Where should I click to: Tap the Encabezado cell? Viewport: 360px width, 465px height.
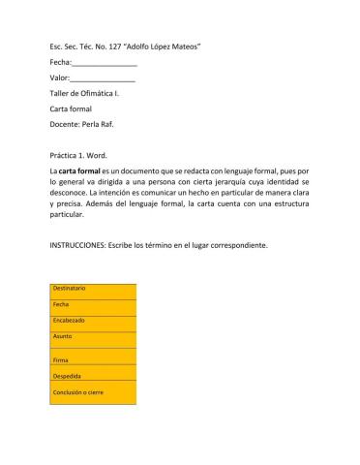click(x=92, y=322)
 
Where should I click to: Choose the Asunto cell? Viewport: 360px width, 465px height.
click(x=92, y=339)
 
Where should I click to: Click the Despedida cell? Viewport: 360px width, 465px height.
click(x=92, y=375)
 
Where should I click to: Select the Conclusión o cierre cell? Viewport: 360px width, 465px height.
click(x=92, y=392)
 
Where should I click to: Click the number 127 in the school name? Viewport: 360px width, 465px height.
click(x=124, y=46)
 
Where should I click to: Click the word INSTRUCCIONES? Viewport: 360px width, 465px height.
click(x=81, y=245)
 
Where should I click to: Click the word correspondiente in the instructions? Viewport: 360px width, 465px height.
click(x=234, y=245)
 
